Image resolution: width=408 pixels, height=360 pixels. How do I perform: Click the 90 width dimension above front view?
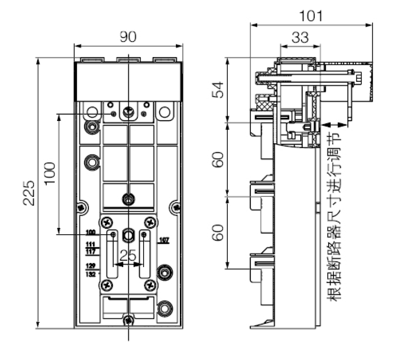(x=128, y=37)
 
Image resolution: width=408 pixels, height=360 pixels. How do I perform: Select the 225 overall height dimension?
(x=29, y=193)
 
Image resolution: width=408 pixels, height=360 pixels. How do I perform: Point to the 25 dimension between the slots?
(x=128, y=256)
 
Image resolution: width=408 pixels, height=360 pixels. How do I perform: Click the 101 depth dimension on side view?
(x=310, y=15)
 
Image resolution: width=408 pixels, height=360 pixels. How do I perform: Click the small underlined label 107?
(x=164, y=240)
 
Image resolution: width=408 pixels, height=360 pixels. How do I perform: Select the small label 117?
(x=90, y=252)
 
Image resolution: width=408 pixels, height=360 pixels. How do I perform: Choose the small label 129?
(x=90, y=267)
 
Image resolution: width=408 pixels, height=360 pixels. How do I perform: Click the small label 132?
(x=90, y=274)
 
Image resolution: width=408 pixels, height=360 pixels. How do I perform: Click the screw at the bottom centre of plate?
(x=128, y=319)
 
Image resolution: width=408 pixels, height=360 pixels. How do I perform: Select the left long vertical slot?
(x=113, y=254)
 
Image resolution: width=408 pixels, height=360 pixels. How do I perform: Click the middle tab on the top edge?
(x=128, y=60)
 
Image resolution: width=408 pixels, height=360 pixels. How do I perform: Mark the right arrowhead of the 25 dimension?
(x=141, y=264)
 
